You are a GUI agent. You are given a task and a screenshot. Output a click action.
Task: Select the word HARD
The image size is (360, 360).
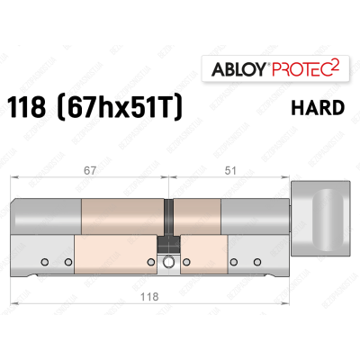coord(317,108)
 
